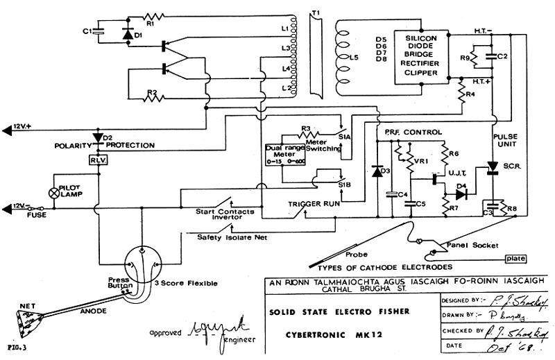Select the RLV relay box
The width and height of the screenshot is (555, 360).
pyautogui.click(x=96, y=160)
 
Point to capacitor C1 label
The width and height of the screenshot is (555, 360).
pyautogui.click(x=87, y=31)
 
